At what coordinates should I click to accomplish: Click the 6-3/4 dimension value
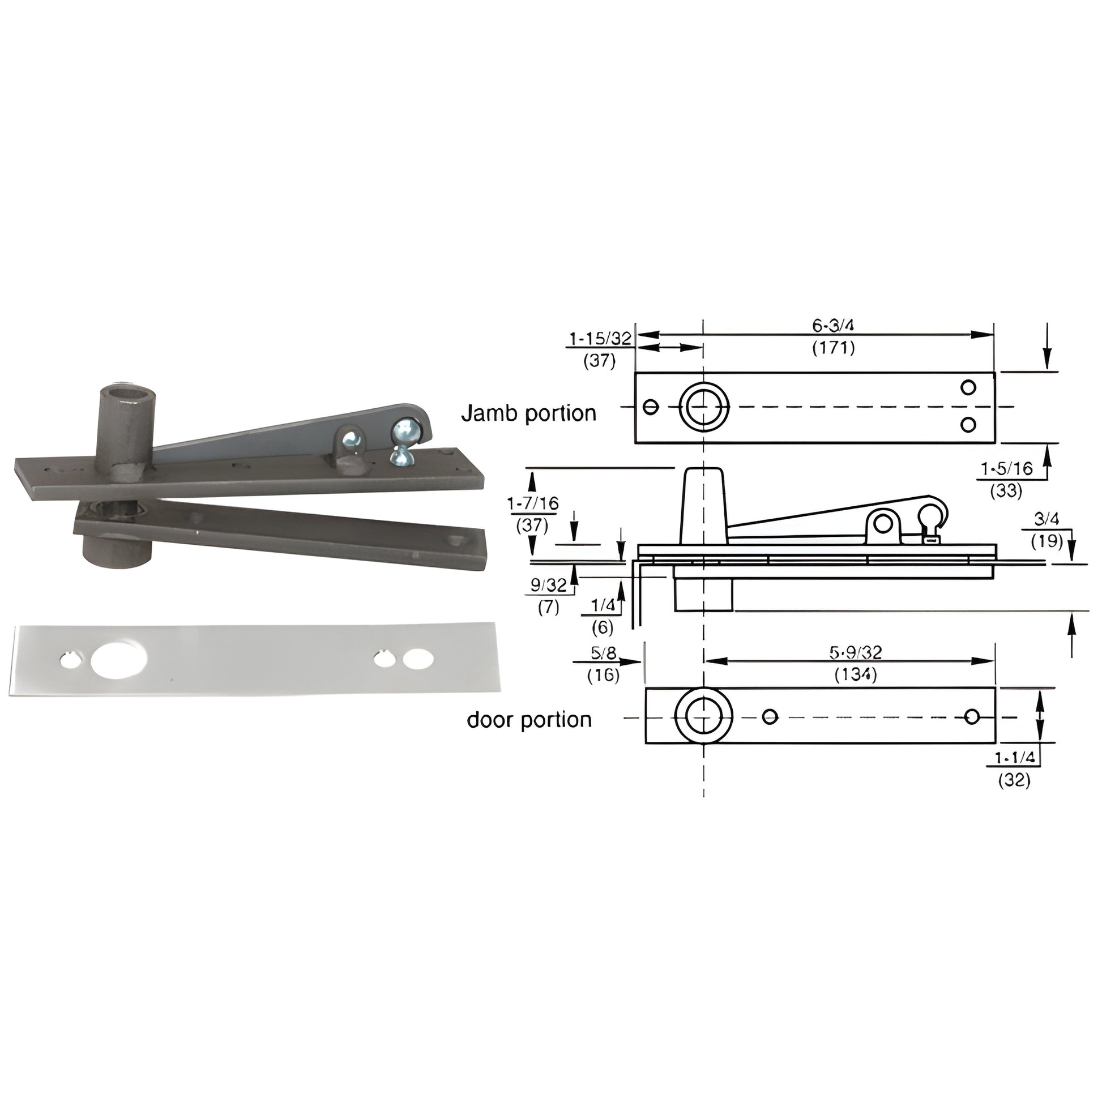click(834, 326)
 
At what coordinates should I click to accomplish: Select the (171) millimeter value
click(834, 347)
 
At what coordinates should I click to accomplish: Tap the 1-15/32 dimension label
click(600, 339)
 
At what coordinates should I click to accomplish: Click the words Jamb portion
click(528, 413)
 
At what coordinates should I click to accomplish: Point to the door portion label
click(529, 720)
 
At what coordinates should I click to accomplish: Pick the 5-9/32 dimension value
click(855, 652)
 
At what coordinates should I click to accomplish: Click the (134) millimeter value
click(855, 675)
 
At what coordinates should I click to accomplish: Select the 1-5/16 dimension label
click(1006, 469)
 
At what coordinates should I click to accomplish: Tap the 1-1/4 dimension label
click(1014, 758)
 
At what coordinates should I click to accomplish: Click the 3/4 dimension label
click(1047, 519)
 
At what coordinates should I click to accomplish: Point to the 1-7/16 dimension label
click(533, 503)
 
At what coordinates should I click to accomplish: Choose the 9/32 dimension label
click(549, 584)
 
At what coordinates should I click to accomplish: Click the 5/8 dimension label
click(603, 652)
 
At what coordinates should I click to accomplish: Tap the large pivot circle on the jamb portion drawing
click(703, 407)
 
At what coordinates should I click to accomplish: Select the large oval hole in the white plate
click(119, 660)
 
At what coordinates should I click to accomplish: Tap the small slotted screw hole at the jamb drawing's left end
click(651, 407)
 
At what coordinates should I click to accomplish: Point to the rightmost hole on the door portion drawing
click(972, 716)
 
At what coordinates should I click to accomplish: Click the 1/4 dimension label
click(603, 605)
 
